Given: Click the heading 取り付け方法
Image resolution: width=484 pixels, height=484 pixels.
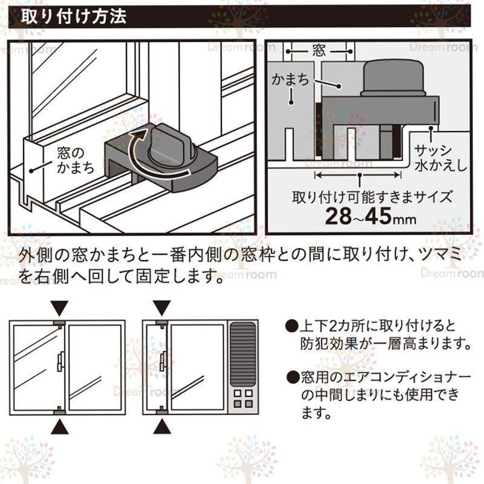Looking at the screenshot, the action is (x=74, y=16).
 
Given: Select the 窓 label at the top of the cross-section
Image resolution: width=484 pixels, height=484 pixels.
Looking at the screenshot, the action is (x=319, y=50).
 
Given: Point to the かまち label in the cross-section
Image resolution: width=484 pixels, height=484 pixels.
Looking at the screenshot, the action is (x=290, y=79).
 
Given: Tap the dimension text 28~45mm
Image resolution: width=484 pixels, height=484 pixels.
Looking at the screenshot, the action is (x=371, y=216).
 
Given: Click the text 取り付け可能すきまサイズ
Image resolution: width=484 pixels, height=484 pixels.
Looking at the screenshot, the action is (x=372, y=197).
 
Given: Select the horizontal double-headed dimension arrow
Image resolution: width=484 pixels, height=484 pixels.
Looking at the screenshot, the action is (x=358, y=175).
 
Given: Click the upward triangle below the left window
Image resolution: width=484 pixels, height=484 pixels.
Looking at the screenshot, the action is (x=60, y=427).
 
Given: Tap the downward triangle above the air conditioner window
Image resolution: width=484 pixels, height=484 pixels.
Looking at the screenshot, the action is (x=162, y=308).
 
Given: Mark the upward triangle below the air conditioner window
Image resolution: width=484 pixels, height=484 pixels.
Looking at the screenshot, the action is (x=162, y=427).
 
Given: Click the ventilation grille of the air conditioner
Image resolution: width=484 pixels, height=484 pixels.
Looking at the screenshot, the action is (x=243, y=353).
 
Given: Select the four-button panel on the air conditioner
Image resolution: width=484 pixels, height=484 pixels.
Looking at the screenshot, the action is (x=243, y=398).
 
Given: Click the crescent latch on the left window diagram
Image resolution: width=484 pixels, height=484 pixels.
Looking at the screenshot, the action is (x=60, y=362).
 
